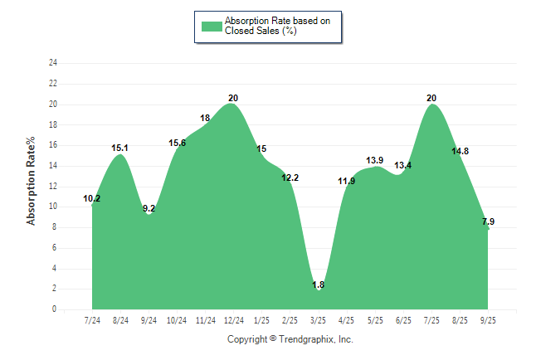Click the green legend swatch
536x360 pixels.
212,26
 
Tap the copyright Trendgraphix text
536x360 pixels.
290,339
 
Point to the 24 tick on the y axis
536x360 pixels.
53,63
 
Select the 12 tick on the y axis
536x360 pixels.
53,187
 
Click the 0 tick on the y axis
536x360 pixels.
55,309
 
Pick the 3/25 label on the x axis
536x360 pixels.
318,320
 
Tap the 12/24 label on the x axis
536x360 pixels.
233,320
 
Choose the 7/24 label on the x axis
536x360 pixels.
92,320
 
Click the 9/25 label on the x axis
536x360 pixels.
488,320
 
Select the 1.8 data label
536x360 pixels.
319,285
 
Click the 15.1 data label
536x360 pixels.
120,148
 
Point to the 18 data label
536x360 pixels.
205,119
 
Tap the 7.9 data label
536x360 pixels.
489,221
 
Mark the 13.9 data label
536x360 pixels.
375,160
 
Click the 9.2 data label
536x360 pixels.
149,209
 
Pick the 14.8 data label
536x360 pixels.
460,151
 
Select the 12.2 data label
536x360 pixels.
290,178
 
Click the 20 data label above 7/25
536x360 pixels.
431,98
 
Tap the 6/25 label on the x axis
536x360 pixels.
403,320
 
